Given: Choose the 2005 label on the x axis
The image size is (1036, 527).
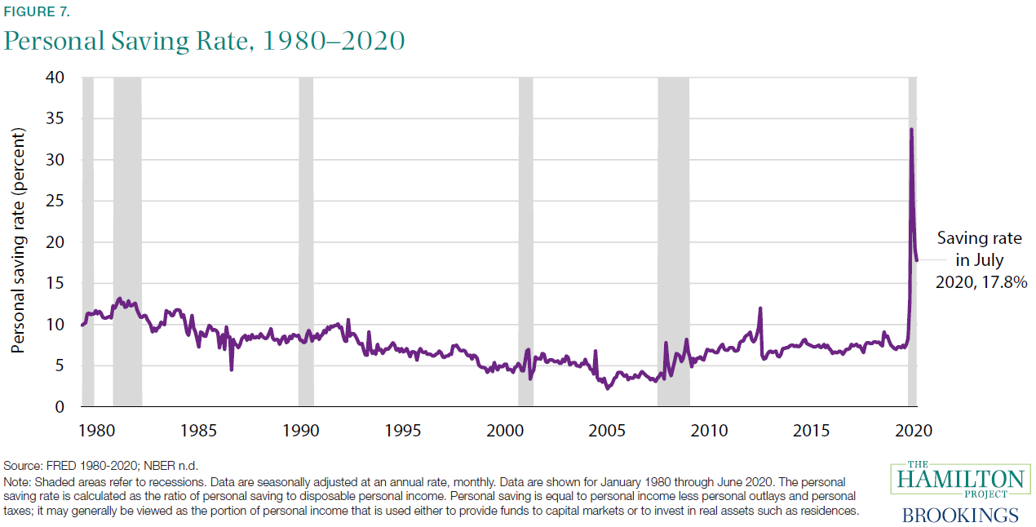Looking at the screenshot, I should click(608, 430).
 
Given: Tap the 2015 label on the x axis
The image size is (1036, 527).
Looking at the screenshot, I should click(812, 430).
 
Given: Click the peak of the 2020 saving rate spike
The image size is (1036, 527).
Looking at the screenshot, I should click(911, 129).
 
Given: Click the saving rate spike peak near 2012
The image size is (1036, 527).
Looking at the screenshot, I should click(760, 308).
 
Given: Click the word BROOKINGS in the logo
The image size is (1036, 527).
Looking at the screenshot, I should click(959, 515).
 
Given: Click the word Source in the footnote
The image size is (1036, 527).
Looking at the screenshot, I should click(24, 465).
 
